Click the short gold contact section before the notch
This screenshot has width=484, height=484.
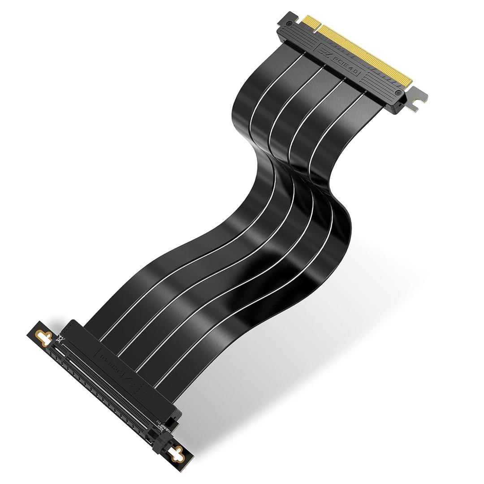click(310, 22)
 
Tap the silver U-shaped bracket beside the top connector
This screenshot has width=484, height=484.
click(417, 99)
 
